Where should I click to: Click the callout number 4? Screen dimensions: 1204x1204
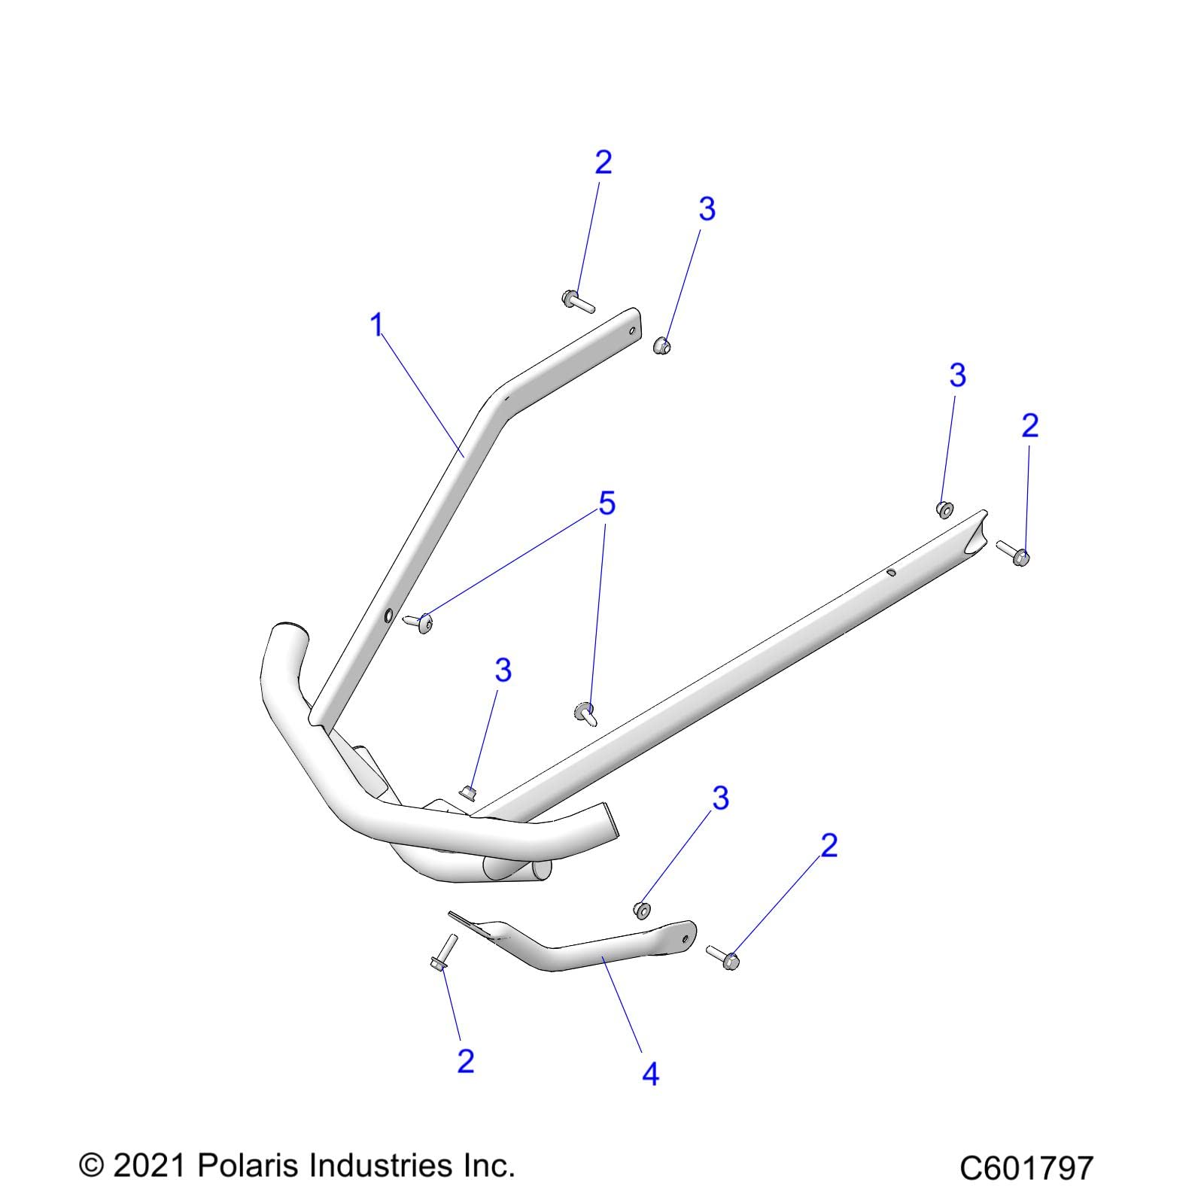pyautogui.click(x=650, y=1074)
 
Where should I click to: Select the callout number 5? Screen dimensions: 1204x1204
pyautogui.click(x=607, y=503)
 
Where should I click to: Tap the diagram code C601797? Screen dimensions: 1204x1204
pyautogui.click(x=1026, y=1169)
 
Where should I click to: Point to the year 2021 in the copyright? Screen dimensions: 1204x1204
pyautogui.click(x=148, y=1166)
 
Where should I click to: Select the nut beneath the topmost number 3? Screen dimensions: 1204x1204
pyautogui.click(x=661, y=346)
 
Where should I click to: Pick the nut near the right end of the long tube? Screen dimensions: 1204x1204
pyautogui.click(x=944, y=509)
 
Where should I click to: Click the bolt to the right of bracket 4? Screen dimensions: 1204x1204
pyautogui.click(x=723, y=956)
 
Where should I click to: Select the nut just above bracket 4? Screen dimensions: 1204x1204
pyautogui.click(x=642, y=910)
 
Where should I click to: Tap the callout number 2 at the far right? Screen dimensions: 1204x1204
pyautogui.click(x=1029, y=426)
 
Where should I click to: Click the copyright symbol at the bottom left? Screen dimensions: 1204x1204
pyautogui.click(x=90, y=1166)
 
